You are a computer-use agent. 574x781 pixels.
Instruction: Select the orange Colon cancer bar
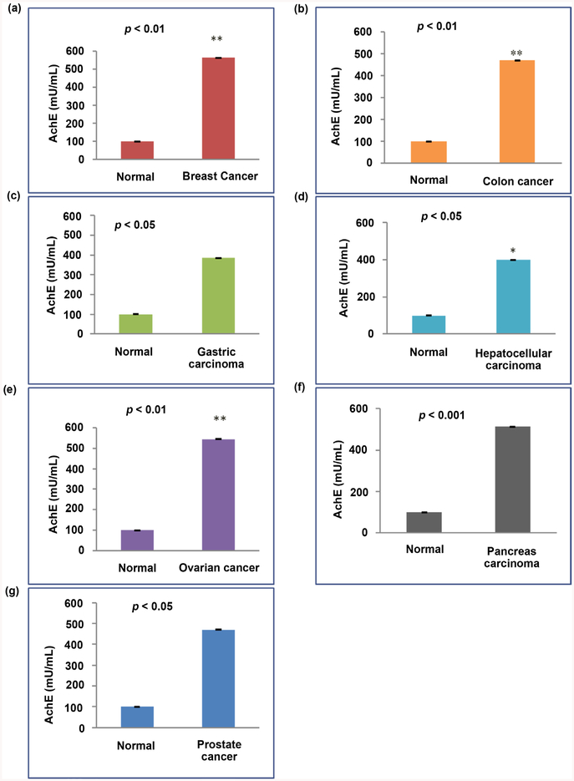tap(517, 112)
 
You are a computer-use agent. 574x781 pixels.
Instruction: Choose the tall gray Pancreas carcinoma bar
tap(512, 479)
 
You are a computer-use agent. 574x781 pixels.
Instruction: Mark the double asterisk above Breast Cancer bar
tap(216, 39)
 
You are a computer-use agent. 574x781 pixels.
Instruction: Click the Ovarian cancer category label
tap(220, 569)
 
